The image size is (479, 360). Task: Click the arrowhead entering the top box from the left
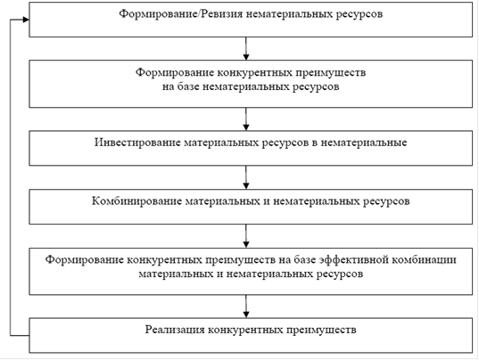26,20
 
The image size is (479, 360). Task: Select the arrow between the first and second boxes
246,48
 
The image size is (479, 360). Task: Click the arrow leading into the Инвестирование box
246,119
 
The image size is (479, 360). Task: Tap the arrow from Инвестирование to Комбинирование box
246,177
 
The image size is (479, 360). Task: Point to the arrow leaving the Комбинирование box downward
246,236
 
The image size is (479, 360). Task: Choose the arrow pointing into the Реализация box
246,307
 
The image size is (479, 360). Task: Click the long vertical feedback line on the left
11,177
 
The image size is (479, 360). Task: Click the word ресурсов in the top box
359,14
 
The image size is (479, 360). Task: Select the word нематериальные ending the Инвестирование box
364,143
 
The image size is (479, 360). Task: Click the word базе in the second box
188,86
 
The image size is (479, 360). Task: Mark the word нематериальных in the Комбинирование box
316,201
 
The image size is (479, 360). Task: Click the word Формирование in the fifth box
84,260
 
